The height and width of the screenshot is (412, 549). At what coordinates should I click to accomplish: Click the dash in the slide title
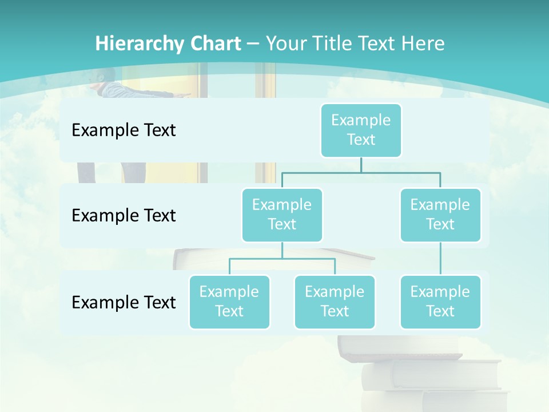tap(253, 43)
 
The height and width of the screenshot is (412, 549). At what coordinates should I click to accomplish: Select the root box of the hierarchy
tap(361, 130)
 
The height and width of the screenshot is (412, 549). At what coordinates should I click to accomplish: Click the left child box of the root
tap(282, 215)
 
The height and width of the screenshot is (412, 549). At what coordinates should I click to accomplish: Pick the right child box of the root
tap(440, 215)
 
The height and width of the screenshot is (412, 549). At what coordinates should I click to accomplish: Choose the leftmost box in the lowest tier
tap(229, 302)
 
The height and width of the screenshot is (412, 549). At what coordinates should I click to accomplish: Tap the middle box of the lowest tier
tap(335, 302)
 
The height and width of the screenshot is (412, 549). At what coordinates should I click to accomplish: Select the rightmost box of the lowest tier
tap(440, 302)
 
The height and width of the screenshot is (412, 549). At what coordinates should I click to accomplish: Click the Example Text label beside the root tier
tap(124, 130)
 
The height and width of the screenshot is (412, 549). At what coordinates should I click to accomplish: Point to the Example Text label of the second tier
tap(124, 215)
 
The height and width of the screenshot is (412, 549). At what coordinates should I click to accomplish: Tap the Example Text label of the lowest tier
tap(124, 302)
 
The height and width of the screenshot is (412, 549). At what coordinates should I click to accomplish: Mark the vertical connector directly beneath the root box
tap(361, 165)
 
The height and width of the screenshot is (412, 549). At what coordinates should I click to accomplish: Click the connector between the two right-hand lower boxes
tap(440, 259)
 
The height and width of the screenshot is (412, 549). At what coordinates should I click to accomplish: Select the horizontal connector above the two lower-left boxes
tap(282, 259)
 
